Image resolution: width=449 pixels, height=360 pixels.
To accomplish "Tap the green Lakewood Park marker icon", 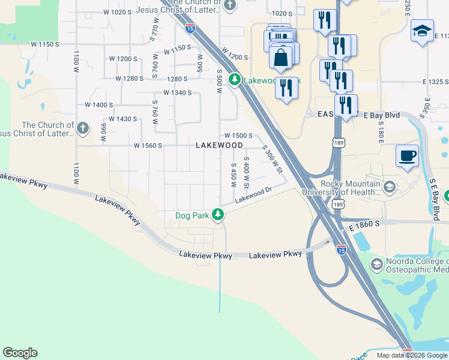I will [x=235, y=79].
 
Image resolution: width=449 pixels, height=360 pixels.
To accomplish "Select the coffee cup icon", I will [x=408, y=156].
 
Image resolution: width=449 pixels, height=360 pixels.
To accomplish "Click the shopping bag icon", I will [x=281, y=58].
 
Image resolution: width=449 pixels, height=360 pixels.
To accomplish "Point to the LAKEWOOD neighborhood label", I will [x=220, y=145].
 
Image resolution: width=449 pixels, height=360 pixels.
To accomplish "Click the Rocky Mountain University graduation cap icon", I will [x=389, y=188].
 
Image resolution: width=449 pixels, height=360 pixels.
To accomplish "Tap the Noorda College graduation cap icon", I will [x=376, y=264].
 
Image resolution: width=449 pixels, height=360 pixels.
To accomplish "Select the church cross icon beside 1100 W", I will [x=83, y=128].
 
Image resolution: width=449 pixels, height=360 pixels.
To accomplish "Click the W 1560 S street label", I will [x=148, y=145].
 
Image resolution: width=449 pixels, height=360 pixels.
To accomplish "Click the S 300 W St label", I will [x=273, y=159].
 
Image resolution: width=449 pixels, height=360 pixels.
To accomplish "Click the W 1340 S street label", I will [x=177, y=93].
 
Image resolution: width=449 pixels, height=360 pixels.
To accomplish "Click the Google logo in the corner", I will [x=20, y=353].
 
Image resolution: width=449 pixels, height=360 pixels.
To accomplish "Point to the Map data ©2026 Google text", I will [x=412, y=355].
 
